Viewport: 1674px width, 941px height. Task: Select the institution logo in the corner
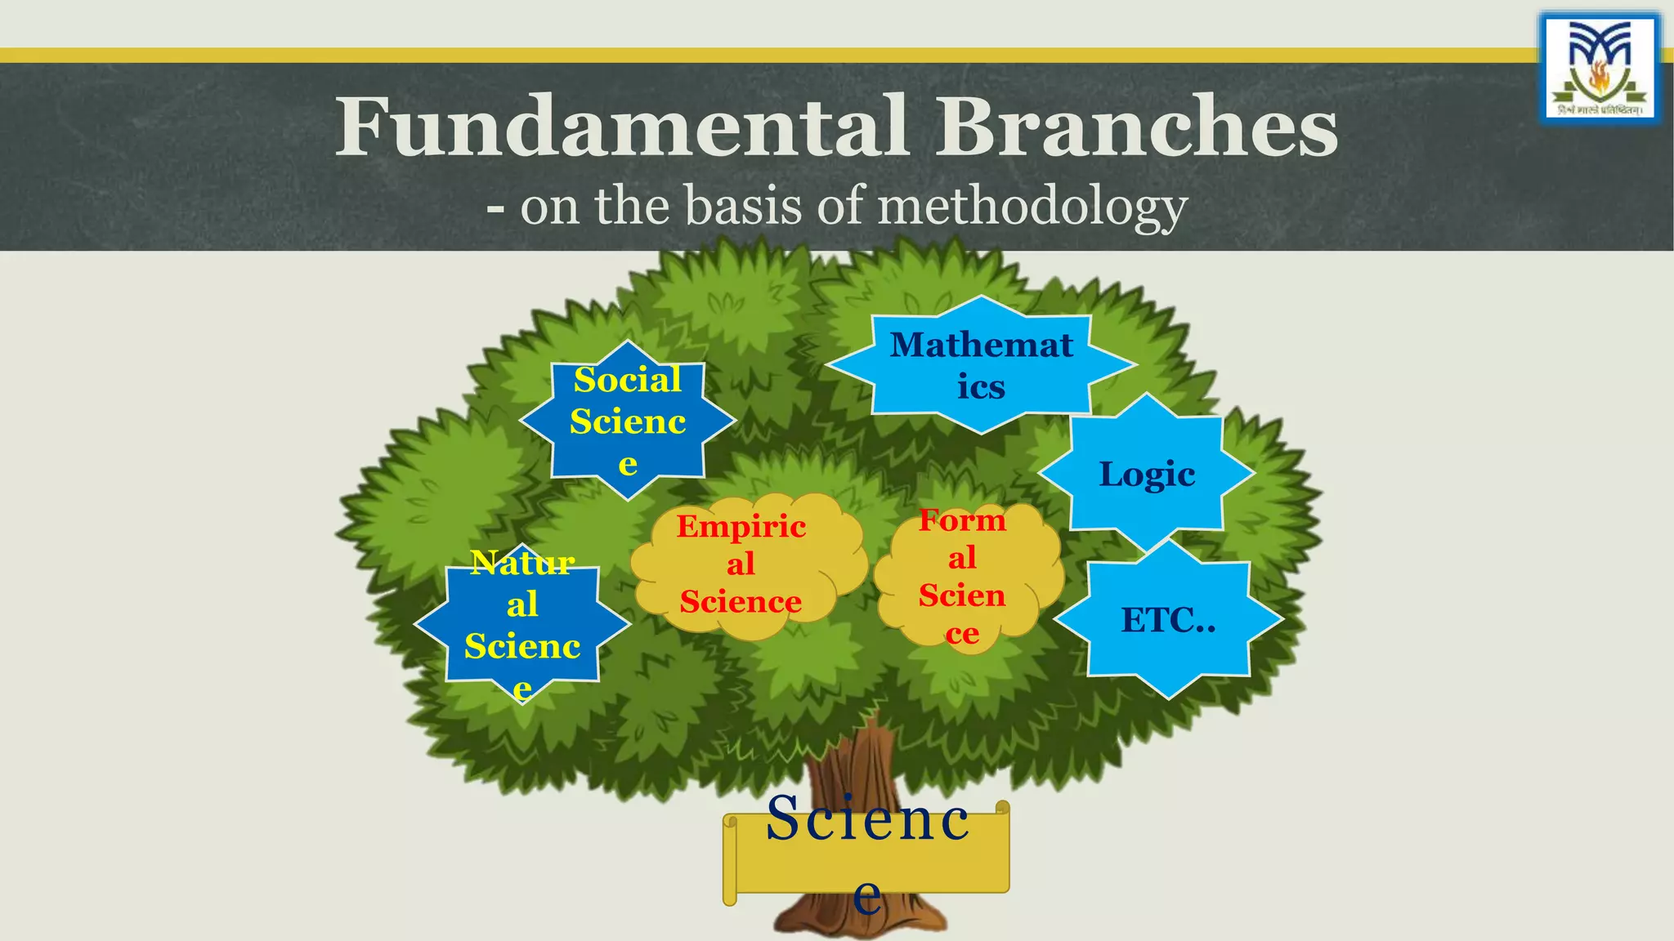tap(1600, 69)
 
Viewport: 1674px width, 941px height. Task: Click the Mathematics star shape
tap(981, 365)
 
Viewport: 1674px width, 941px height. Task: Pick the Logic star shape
tap(1146, 474)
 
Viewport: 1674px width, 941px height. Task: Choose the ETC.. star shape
tap(1167, 620)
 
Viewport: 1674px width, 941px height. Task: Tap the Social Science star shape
tap(628, 421)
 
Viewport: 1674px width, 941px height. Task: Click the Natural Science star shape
tap(522, 625)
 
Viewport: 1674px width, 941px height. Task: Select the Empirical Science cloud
tap(741, 564)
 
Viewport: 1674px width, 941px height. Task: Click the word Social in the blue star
tap(628, 380)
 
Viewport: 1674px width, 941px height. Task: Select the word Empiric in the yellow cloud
tap(741, 526)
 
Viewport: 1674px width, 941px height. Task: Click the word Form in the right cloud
tap(962, 520)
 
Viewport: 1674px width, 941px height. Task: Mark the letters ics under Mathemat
tap(981, 387)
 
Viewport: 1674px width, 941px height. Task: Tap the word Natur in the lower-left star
tap(522, 563)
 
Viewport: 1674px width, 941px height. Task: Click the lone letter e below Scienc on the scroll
tap(867, 896)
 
